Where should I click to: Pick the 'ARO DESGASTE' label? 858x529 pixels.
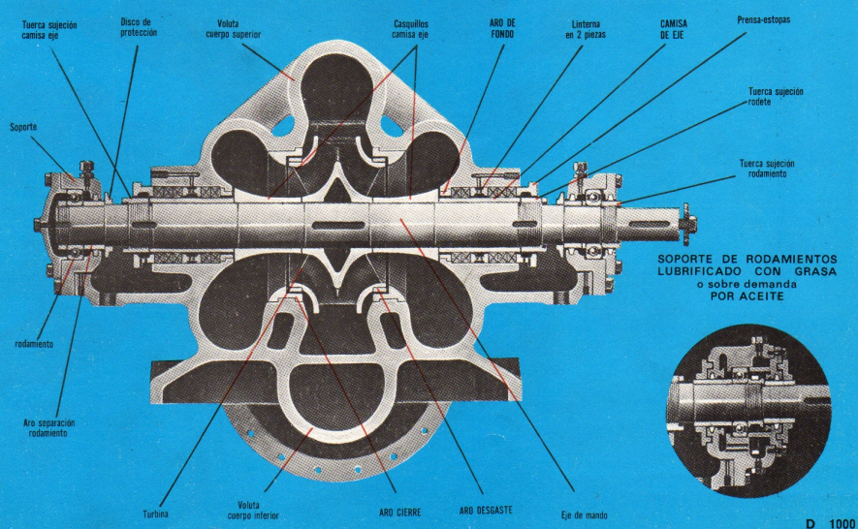[x=485, y=509]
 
